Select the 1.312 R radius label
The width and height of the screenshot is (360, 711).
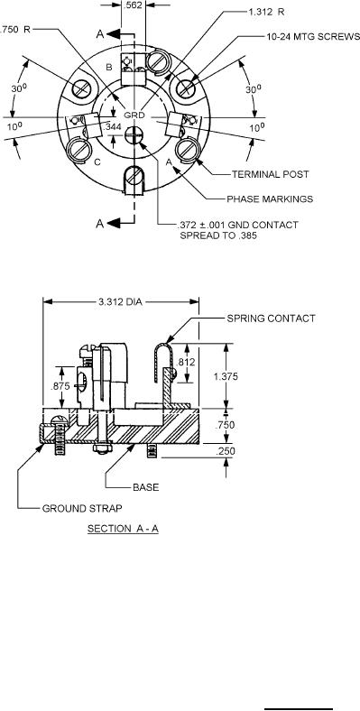[x=266, y=13]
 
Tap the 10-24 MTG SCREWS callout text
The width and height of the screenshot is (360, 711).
[x=313, y=37]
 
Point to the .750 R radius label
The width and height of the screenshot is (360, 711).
[x=15, y=30]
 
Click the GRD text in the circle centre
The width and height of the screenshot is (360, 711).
[x=134, y=115]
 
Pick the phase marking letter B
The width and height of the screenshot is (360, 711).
[x=109, y=67]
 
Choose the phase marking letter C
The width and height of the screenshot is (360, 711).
[x=97, y=162]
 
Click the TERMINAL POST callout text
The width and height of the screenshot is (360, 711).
[x=271, y=174]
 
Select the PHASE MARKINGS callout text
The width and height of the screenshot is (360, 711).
[x=270, y=199]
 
